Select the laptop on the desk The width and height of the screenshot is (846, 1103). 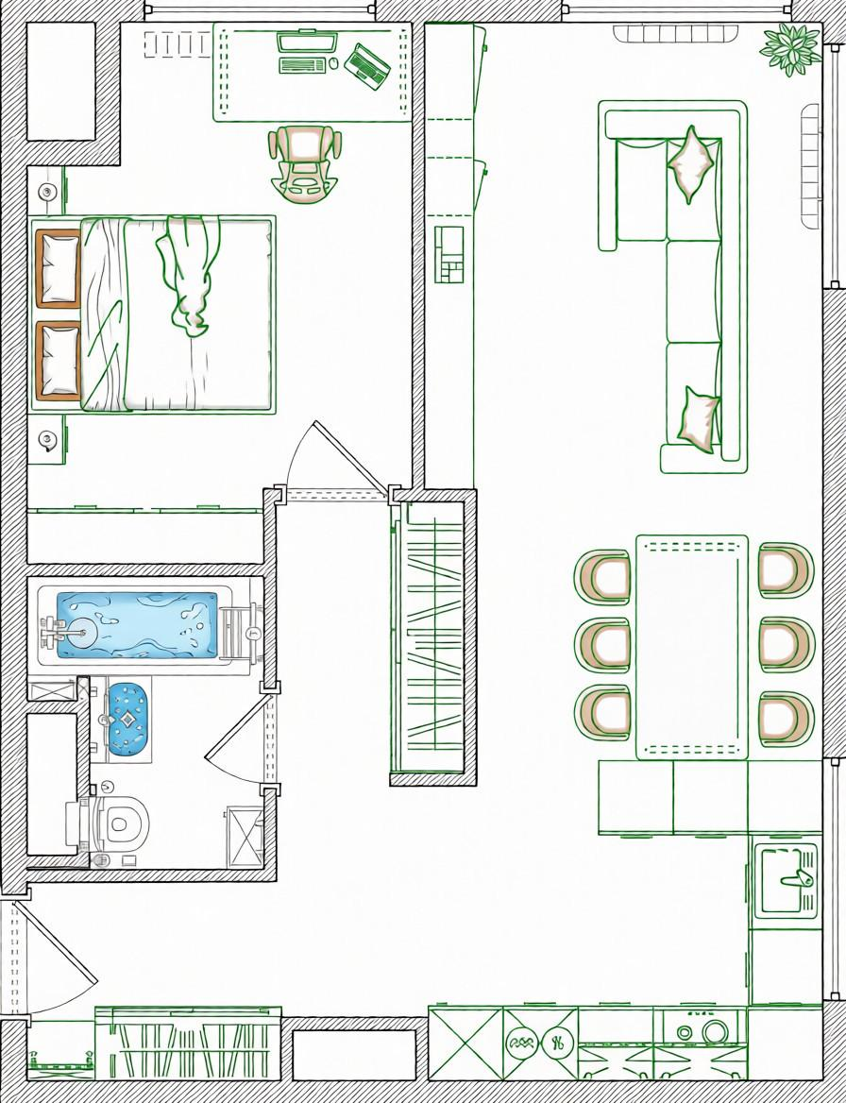[367, 65]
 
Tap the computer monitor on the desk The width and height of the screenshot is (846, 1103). [307, 42]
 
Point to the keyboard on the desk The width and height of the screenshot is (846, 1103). [302, 65]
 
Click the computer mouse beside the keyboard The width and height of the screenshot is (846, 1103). [333, 64]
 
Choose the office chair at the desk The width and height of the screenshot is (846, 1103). [304, 162]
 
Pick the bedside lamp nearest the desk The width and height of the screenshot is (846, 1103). [47, 193]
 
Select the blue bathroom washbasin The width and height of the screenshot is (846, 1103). [127, 718]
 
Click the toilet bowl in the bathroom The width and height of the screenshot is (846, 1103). [119, 823]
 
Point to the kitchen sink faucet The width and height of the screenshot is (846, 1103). [796, 879]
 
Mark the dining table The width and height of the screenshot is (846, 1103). [692, 647]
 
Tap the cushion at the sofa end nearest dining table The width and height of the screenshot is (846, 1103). [699, 418]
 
